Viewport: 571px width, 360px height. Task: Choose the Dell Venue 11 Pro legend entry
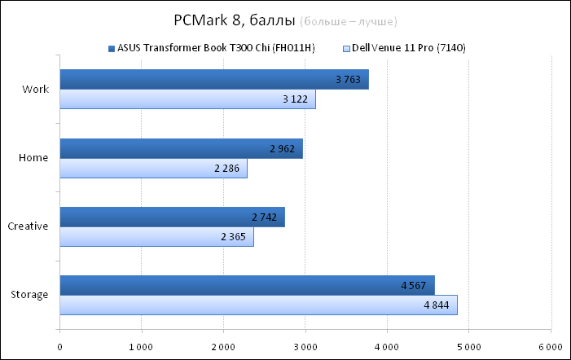[408, 48]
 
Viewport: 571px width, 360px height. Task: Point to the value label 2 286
[229, 169]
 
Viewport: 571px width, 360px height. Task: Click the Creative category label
[29, 226]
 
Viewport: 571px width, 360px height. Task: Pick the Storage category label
[31, 295]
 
